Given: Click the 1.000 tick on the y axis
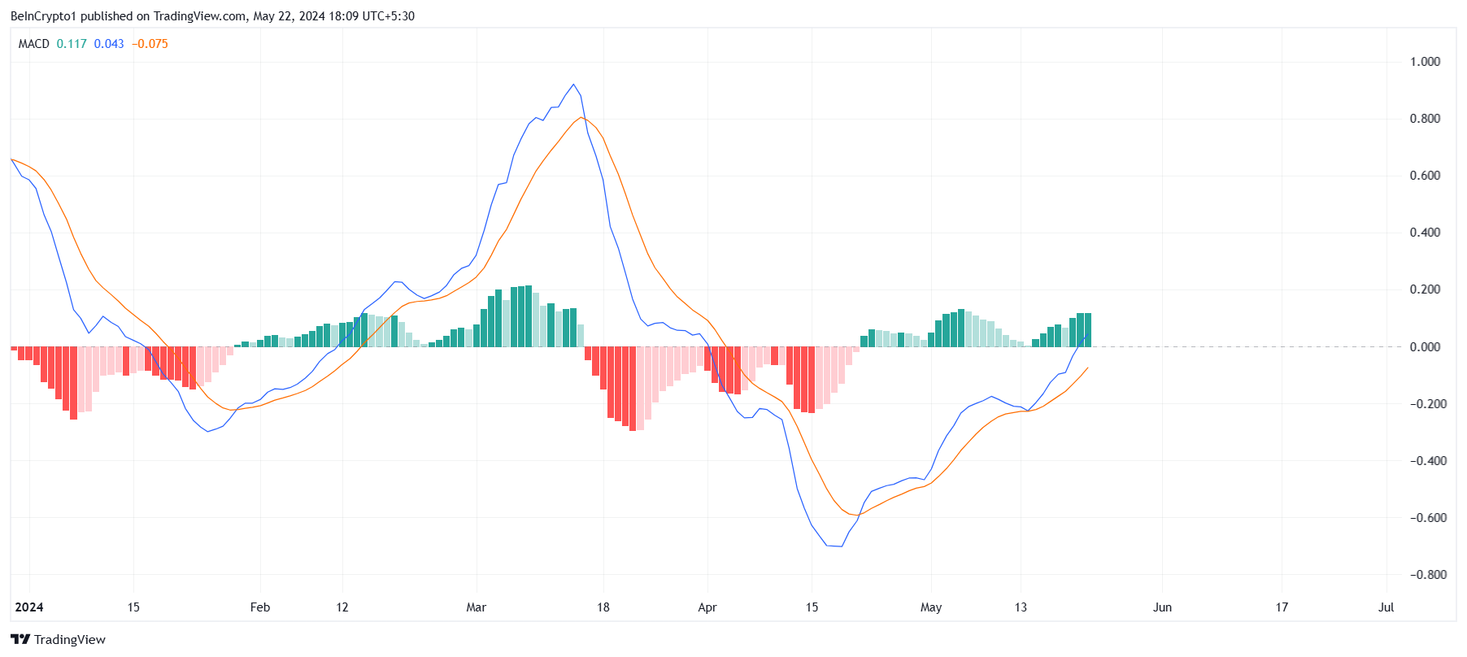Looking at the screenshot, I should (1425, 62).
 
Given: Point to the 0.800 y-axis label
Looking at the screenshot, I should (1425, 119).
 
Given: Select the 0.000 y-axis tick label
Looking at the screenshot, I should (1425, 347).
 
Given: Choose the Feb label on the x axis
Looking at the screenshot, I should (260, 607).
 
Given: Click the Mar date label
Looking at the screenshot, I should (476, 607).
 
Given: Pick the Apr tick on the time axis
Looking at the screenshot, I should (707, 607).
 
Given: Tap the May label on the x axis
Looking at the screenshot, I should (931, 607).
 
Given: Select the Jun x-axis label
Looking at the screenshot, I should (1162, 607).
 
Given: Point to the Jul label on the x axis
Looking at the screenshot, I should (1386, 607).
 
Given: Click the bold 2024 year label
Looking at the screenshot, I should (29, 607).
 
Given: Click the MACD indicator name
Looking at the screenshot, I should (34, 44).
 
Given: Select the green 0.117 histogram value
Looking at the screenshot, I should (72, 44).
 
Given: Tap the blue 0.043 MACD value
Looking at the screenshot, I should (109, 44).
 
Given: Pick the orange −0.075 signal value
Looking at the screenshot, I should (150, 44).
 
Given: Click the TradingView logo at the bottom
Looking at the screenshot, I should (58, 640).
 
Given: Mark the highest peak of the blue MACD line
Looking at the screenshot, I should (574, 85).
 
